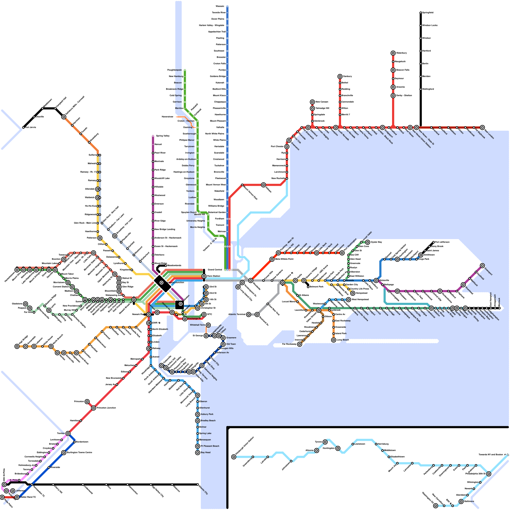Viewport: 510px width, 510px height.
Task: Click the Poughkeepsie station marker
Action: [185, 70]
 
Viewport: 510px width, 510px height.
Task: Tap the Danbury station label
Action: [347, 76]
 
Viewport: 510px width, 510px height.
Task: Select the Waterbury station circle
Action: [393, 53]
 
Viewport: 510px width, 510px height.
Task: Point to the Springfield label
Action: [428, 13]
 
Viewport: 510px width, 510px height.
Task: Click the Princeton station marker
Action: [87, 402]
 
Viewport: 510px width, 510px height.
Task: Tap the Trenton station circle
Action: [68, 433]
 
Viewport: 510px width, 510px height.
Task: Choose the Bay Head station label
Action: [206, 453]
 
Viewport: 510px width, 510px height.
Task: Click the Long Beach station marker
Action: [334, 340]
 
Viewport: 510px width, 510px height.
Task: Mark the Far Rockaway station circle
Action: [300, 344]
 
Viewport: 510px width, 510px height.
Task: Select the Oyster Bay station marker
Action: [368, 242]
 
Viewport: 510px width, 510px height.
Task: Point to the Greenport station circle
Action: [482, 266]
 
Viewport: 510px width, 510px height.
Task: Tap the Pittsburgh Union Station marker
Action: [234, 457]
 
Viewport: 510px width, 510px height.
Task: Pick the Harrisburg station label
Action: [383, 444]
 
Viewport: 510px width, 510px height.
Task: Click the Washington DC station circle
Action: [436, 506]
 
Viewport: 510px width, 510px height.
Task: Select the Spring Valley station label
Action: [163, 136]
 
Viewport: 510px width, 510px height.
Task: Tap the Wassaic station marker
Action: [227, 6]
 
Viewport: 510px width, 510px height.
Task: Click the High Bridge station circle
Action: [17, 346]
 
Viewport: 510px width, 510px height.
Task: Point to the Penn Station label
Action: [214, 276]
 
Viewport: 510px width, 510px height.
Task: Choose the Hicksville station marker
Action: [376, 280]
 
